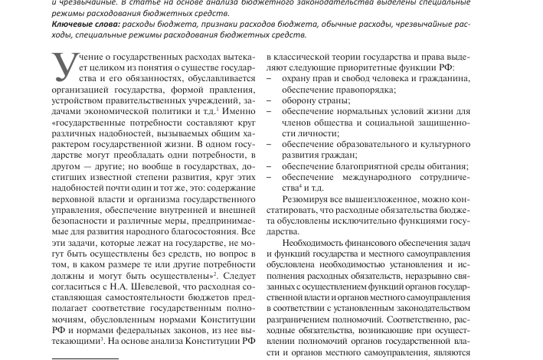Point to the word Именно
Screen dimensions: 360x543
(234, 110)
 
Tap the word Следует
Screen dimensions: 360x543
(238, 273)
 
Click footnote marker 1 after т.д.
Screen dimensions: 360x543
(218, 108)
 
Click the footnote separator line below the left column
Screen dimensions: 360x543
(84, 357)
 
